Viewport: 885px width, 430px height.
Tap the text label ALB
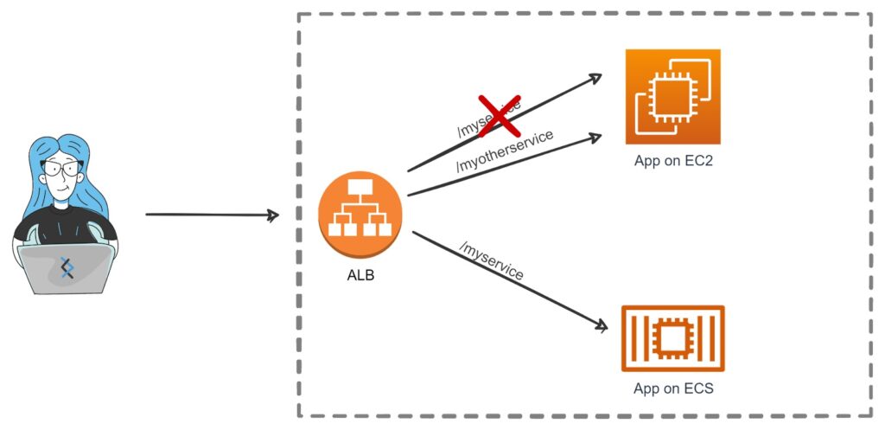point(360,278)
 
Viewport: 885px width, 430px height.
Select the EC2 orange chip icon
point(672,96)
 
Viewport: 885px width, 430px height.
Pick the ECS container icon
point(672,338)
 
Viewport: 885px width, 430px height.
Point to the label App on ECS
point(672,388)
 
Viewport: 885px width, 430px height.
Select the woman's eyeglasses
point(60,169)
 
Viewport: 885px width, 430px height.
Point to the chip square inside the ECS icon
point(672,337)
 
